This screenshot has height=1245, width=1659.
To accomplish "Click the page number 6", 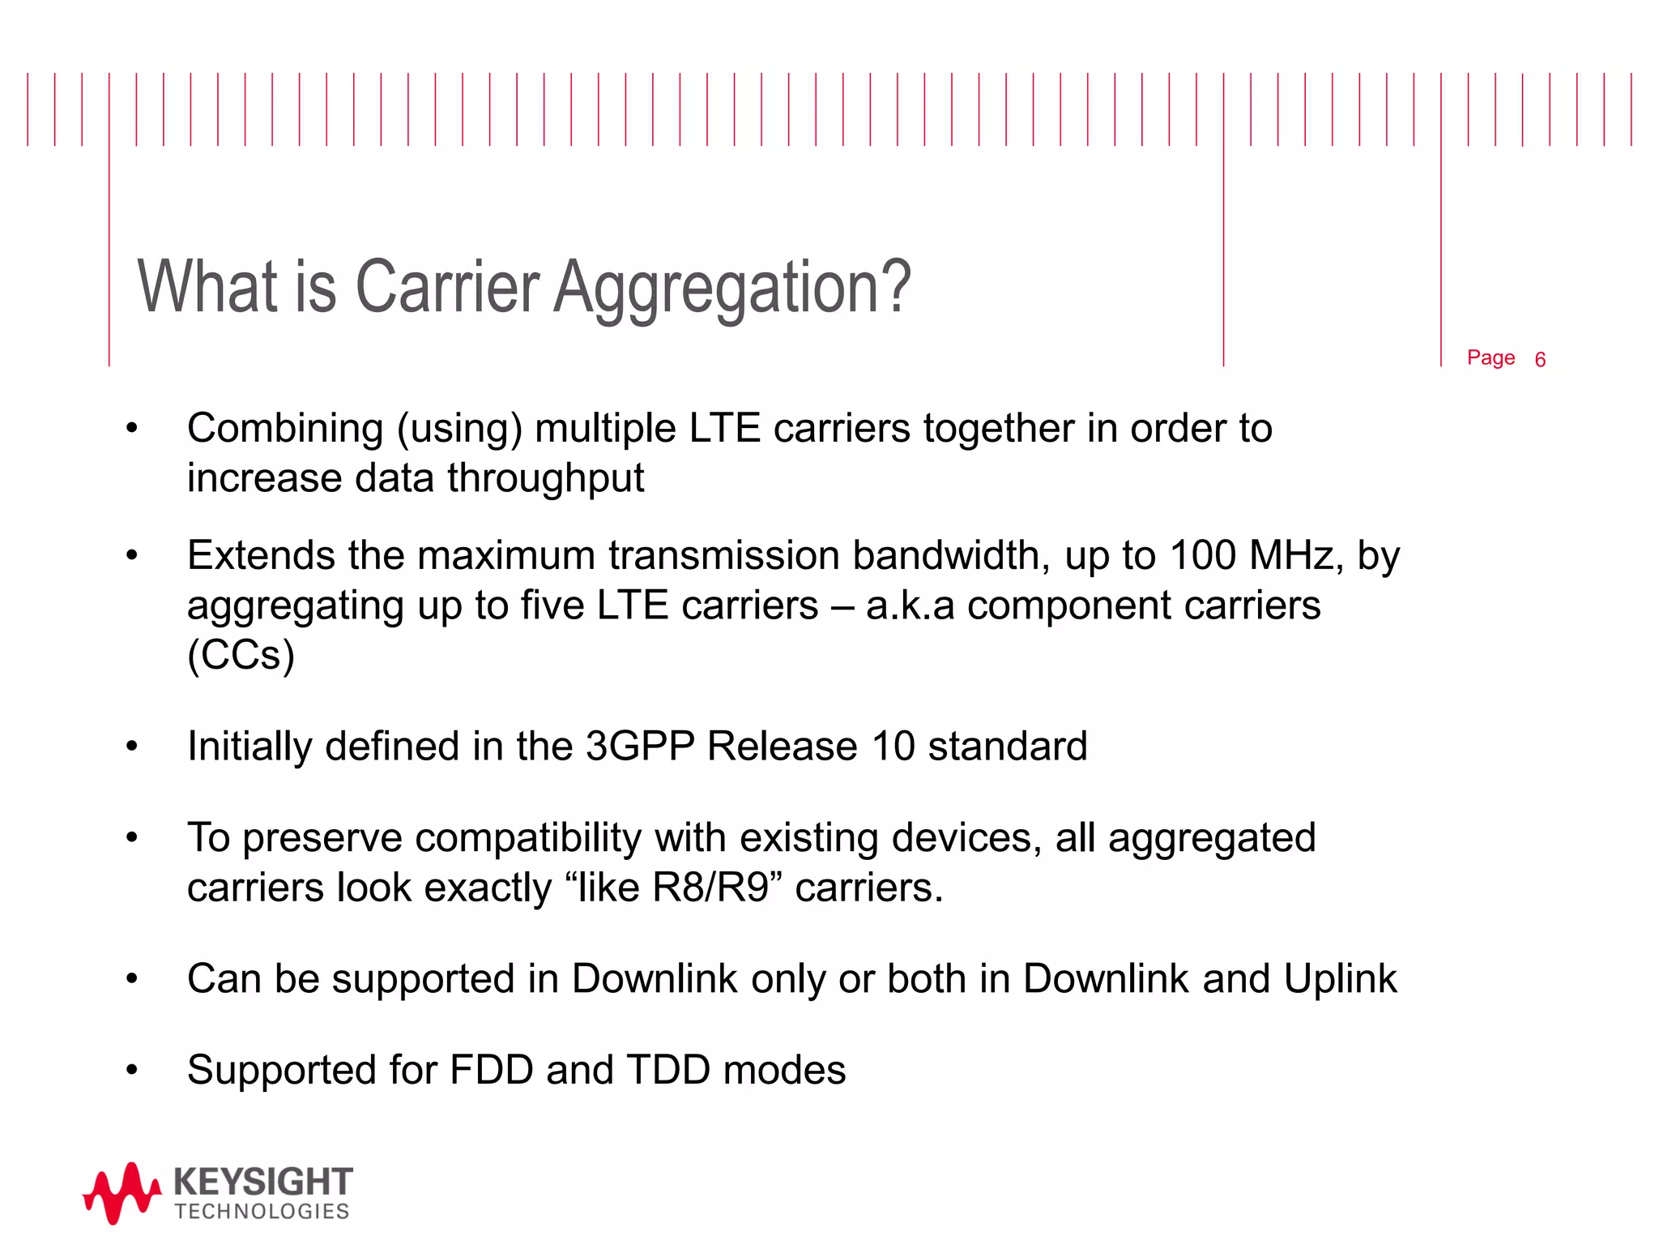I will point(1540,360).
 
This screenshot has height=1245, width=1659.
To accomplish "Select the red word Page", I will point(1491,357).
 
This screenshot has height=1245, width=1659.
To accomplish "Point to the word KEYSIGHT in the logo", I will point(263,1182).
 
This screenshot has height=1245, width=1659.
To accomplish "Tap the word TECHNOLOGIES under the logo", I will point(262,1212).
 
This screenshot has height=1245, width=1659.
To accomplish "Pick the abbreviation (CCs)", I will point(241,655).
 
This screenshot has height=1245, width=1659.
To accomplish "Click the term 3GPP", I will point(640,746).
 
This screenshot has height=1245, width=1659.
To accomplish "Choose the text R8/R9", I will point(710,888).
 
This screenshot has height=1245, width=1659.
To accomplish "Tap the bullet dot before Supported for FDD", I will point(132,1070).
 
